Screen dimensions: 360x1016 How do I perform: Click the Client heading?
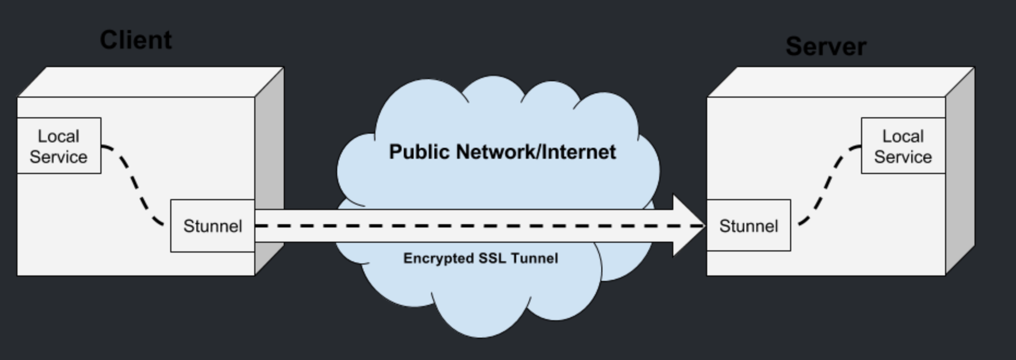point(135,40)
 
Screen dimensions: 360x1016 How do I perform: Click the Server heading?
point(826,46)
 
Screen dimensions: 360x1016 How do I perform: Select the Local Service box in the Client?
point(59,146)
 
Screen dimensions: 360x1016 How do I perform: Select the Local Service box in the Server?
point(903,146)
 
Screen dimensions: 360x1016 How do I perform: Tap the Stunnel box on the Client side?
point(212,226)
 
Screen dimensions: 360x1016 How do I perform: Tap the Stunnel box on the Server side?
point(748,226)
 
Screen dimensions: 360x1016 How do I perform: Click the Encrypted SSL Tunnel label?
point(480,258)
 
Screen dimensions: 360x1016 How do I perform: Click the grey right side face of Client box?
point(270,169)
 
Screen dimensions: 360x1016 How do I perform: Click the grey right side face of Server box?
point(960,169)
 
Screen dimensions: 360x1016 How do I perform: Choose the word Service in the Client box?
point(58,157)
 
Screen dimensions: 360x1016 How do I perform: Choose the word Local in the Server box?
point(903,136)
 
